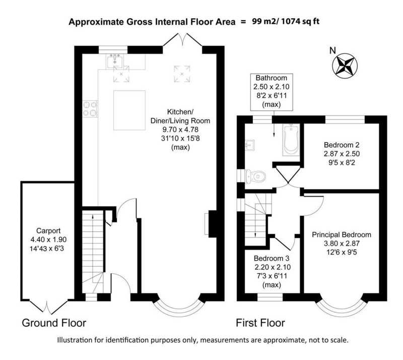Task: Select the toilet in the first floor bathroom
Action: point(256,176)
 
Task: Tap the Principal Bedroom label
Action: point(341,234)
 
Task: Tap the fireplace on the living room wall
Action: point(209,222)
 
